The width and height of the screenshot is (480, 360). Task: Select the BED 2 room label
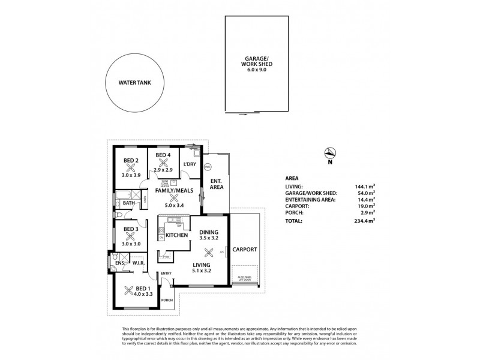(131, 160)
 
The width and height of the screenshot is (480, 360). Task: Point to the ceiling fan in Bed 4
(163, 162)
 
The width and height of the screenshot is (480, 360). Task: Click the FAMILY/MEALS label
(174, 190)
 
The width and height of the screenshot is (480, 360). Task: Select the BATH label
(128, 203)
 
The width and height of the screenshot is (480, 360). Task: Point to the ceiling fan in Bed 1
(127, 291)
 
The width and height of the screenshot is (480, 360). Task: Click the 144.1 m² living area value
(364, 187)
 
